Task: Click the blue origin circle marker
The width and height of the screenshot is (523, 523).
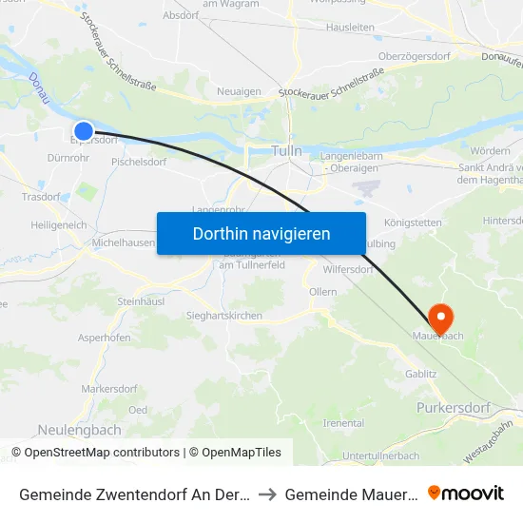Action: pyautogui.click(x=84, y=131)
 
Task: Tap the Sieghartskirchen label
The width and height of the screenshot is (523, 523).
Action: pyautogui.click(x=224, y=316)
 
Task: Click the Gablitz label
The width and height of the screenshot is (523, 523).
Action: pyautogui.click(x=420, y=375)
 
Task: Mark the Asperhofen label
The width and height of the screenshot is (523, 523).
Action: pyautogui.click(x=104, y=337)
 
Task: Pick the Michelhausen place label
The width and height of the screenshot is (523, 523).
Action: pyautogui.click(x=123, y=243)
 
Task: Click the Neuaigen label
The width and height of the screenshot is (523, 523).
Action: pyautogui.click(x=239, y=90)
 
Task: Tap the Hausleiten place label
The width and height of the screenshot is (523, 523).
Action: pyautogui.click(x=350, y=28)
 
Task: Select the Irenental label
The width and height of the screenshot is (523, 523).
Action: pyautogui.click(x=343, y=422)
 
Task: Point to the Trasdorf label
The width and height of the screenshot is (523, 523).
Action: pyautogui.click(x=41, y=197)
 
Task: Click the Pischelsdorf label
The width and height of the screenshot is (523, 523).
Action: pyautogui.click(x=139, y=162)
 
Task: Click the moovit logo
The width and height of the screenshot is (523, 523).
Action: pyautogui.click(x=466, y=493)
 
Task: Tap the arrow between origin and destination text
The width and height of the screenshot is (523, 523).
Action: pyautogui.click(x=267, y=494)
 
